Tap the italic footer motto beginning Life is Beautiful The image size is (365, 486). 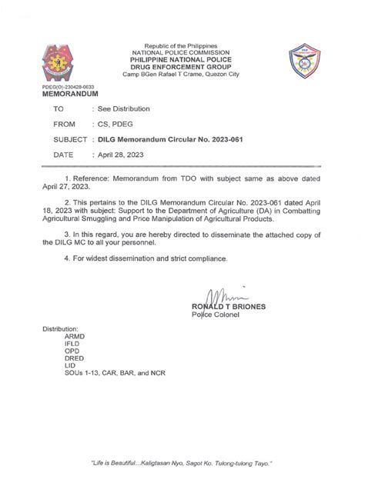point(182,464)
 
